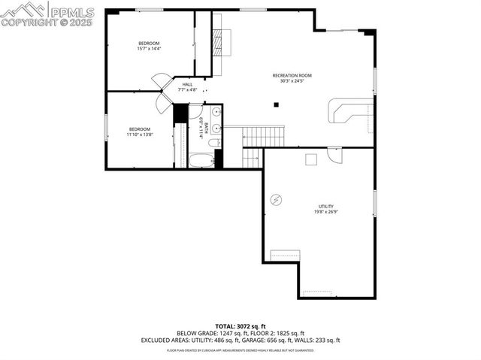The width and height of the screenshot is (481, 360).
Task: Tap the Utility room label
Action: click(325, 206)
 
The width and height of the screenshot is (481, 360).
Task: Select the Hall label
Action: click(187, 84)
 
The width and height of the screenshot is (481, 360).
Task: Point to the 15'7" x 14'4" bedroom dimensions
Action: click(149, 49)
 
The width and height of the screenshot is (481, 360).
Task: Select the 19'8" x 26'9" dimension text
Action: click(325, 212)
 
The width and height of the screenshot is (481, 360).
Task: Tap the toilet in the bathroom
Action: click(214, 142)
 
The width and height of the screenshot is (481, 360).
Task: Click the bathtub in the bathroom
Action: click(201, 160)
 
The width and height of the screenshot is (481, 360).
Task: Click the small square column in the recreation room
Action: click(276, 104)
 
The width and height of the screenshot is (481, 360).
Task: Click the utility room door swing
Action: click(334, 155)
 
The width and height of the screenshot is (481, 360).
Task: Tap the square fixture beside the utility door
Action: click(310, 159)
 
